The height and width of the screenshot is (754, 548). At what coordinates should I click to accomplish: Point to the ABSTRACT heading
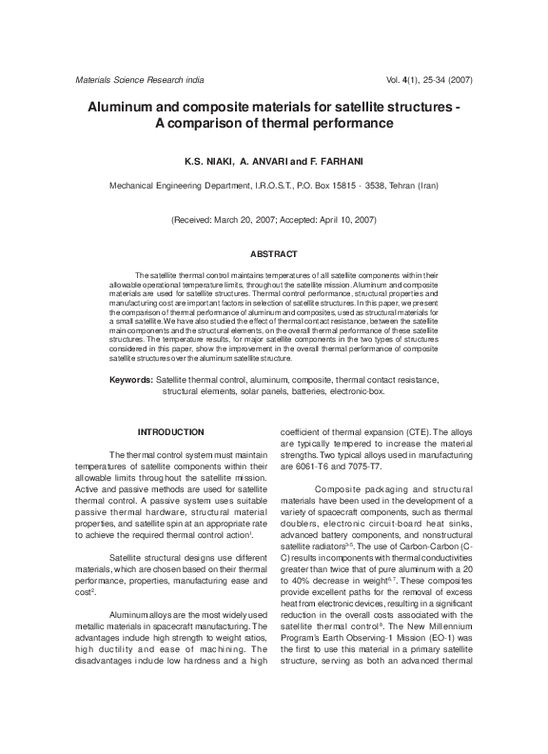coord(274,254)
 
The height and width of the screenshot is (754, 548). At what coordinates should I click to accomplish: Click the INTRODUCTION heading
coord(170,432)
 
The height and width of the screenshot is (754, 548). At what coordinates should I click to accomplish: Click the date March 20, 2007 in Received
coord(244,220)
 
